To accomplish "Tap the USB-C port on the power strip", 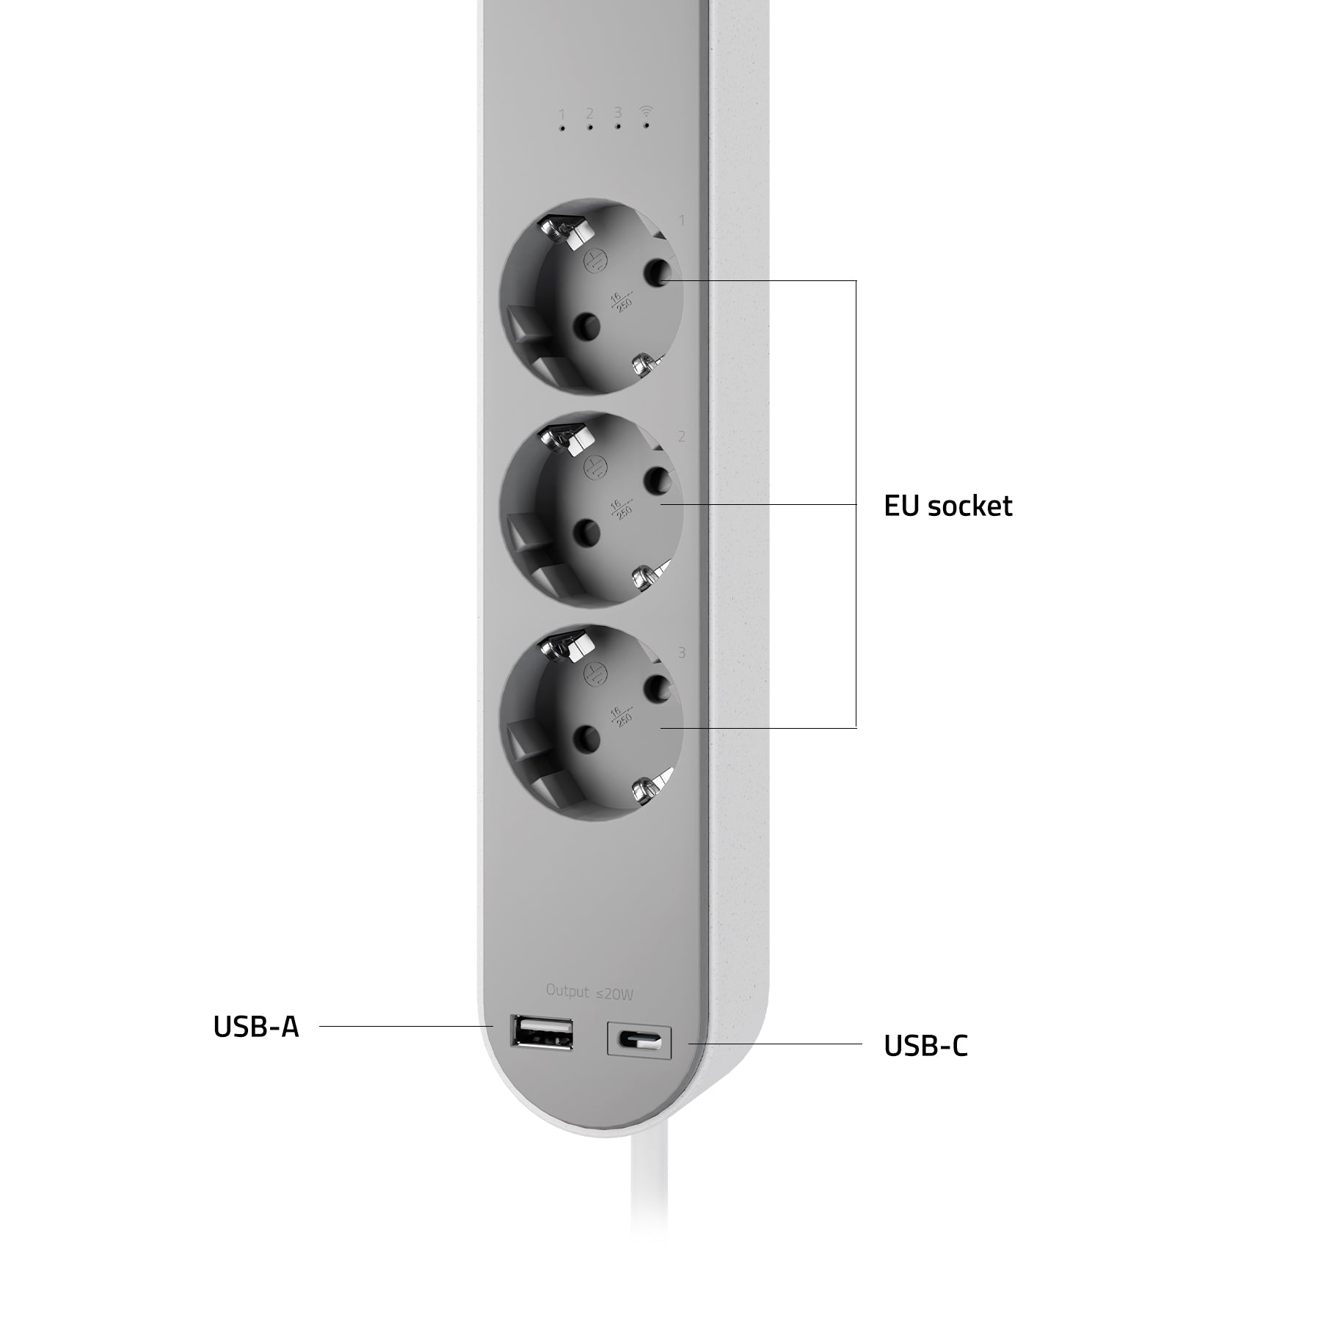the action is [639, 1039].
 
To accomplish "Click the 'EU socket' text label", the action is [948, 506].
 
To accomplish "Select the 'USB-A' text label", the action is [256, 1027].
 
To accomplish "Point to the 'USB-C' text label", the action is [926, 1046].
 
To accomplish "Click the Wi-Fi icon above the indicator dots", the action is [646, 112].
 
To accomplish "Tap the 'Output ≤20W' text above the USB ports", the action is [589, 992].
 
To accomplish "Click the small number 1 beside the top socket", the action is [682, 220].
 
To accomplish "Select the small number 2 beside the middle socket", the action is [682, 437].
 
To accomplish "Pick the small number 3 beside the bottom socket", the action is [682, 652].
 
